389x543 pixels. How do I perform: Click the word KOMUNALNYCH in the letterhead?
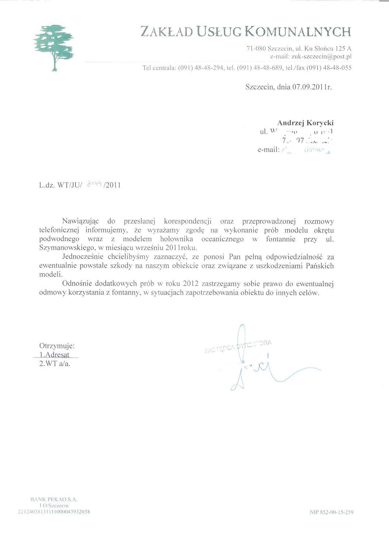coord(297,32)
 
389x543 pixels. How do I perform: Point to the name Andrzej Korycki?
coord(305,123)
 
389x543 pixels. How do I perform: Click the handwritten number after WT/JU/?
coord(94,185)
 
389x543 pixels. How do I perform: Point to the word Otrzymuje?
coord(57,346)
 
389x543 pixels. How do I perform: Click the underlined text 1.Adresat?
coord(55,355)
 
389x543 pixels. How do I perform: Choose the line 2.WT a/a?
coord(55,364)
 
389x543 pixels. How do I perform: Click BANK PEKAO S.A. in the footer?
coord(54,499)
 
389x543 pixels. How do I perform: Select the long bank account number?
coord(54,512)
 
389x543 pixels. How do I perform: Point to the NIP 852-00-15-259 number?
coord(331,512)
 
